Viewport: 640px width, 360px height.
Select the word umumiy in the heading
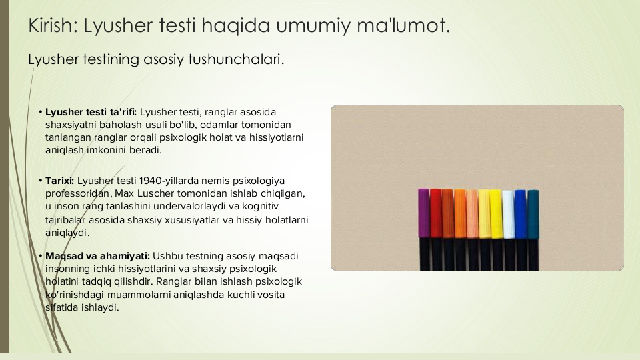click(x=313, y=27)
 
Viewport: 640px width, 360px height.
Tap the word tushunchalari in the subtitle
click(x=236, y=59)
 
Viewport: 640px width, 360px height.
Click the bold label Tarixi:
click(x=59, y=181)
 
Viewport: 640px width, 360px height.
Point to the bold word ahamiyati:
click(x=125, y=256)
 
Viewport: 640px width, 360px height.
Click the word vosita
click(x=271, y=295)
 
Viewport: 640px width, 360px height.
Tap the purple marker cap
click(x=424, y=213)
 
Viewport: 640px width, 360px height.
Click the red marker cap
click(x=435, y=213)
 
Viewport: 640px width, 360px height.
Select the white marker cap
click(x=508, y=214)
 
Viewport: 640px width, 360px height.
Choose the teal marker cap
click(x=533, y=214)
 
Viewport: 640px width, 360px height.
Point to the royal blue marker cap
click(x=521, y=214)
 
